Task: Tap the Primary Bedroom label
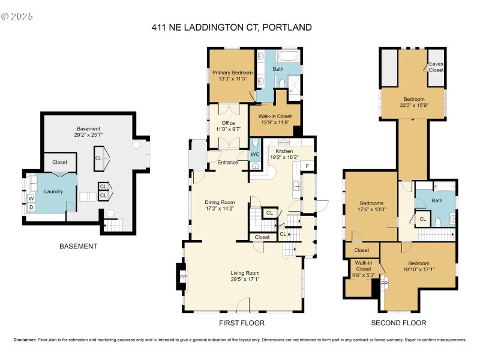231,76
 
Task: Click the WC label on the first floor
255,154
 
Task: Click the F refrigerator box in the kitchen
307,166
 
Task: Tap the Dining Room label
220,206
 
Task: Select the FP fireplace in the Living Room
184,277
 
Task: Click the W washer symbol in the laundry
31,197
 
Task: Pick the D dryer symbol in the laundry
31,207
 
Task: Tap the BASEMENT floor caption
78,247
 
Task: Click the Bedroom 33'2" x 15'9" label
413,103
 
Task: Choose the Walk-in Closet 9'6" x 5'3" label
363,272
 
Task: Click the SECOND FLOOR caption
398,323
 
